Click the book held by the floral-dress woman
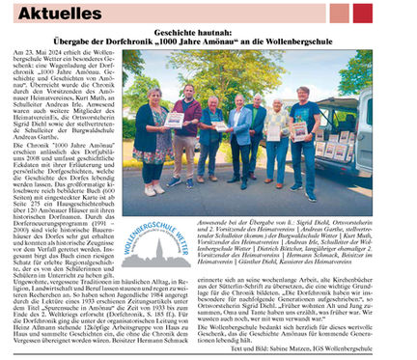tap(174, 121)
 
